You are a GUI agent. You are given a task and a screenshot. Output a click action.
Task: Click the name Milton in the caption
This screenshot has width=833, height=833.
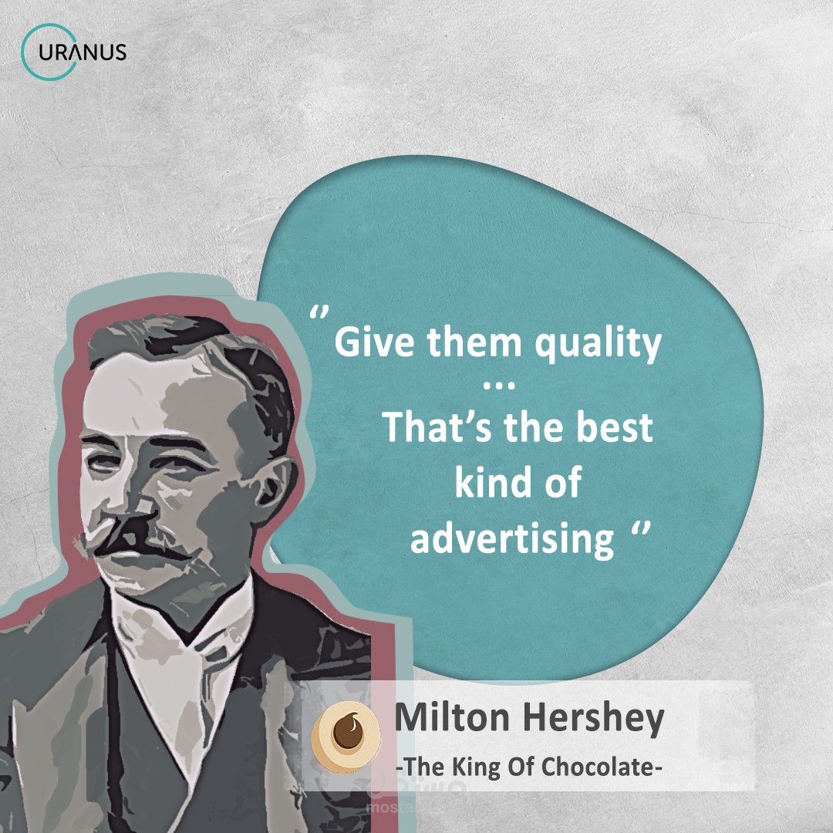pyautogui.click(x=450, y=719)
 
